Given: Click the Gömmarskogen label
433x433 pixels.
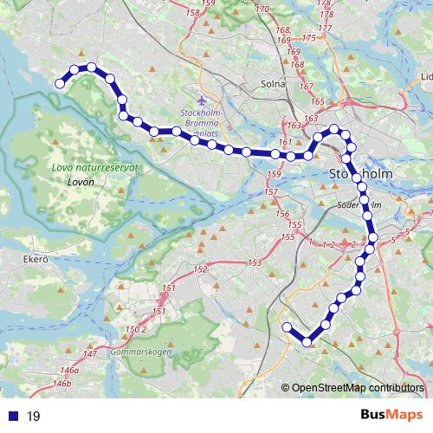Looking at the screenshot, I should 141,352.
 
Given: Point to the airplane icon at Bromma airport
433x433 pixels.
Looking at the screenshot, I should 203,100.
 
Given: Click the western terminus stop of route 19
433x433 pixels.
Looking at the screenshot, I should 60,83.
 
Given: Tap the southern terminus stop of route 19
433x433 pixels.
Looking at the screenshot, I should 287,326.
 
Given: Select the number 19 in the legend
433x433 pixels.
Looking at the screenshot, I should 34,416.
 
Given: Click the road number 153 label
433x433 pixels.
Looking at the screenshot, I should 254,262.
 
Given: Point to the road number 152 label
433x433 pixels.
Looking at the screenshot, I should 201,270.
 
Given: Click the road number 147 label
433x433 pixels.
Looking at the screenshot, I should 91,355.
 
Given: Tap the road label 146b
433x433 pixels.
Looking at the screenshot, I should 61,382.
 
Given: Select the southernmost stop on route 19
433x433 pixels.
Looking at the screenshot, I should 307,341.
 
